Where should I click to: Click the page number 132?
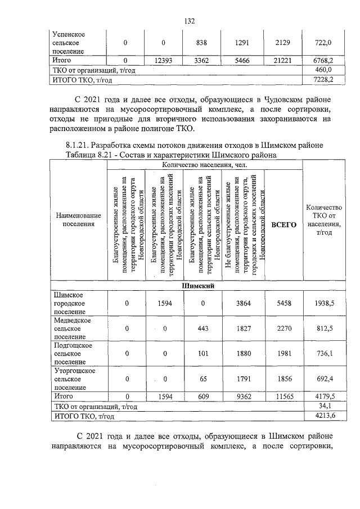tap(190, 21)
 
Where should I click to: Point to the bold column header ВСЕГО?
tap(283, 224)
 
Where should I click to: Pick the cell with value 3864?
tap(243, 303)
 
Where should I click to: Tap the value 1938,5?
tap(325, 303)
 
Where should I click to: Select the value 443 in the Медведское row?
tap(203, 328)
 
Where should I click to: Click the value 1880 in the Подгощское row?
tap(243, 353)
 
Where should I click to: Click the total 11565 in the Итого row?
tap(283, 397)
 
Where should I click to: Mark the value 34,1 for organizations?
tap(325, 406)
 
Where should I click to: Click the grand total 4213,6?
tap(325, 416)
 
